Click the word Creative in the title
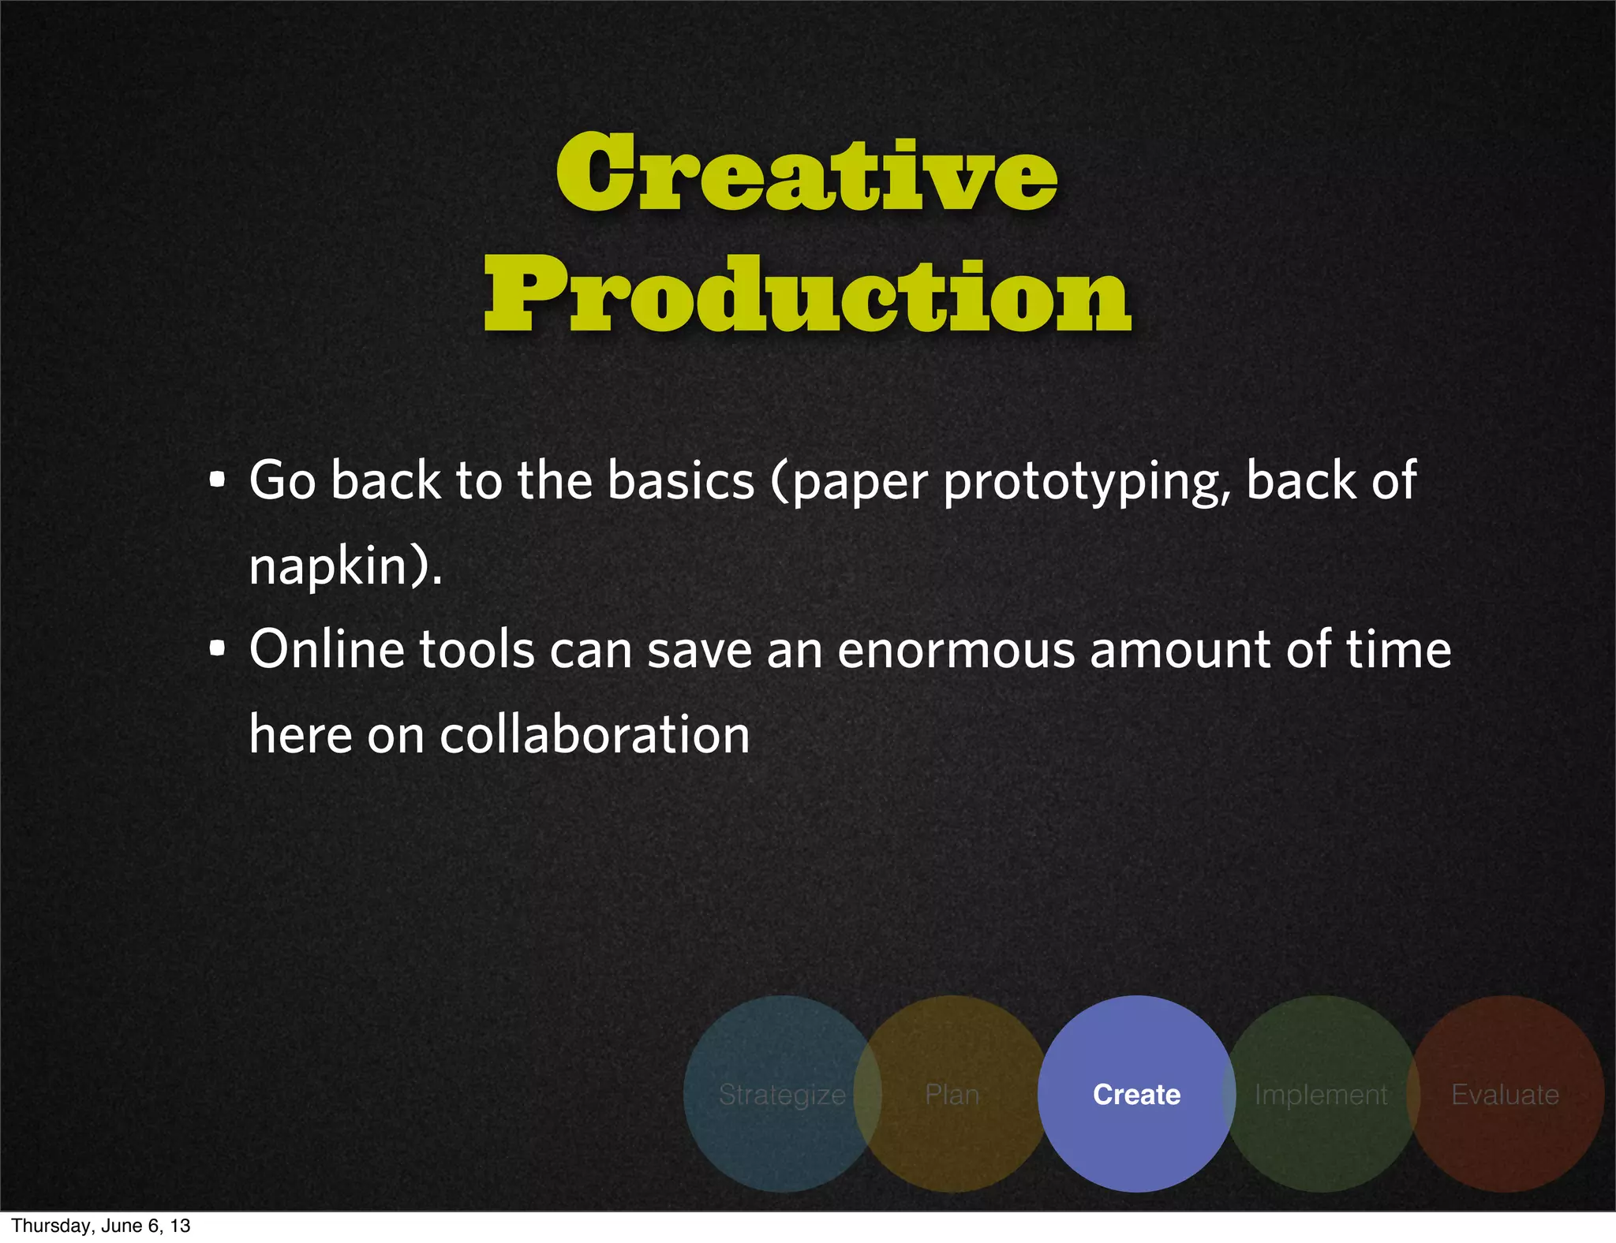coord(806,173)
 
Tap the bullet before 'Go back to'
coord(218,480)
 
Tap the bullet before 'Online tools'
coord(218,649)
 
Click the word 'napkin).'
coord(346,566)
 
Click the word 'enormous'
coord(956,651)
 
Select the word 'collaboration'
coord(594,735)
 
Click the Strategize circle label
coord(782,1095)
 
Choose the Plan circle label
coord(952,1095)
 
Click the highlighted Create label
coord(1136,1095)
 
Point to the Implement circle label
coord(1320,1095)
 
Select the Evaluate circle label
coord(1505,1095)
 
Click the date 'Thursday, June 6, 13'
coord(101,1226)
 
